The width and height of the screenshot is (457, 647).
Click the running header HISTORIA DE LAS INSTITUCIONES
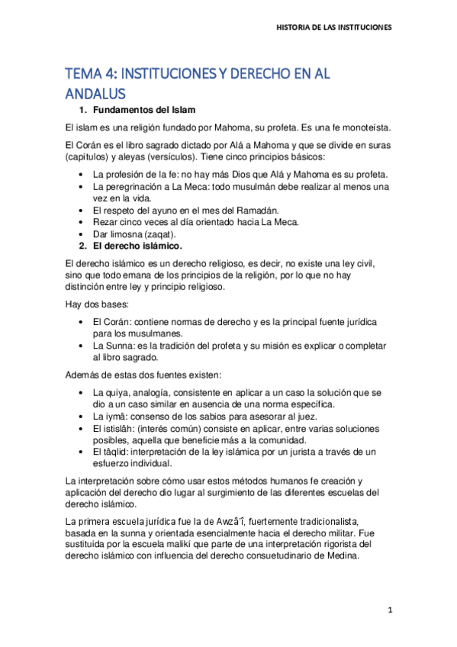click(333, 27)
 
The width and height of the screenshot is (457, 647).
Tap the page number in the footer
click(389, 610)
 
